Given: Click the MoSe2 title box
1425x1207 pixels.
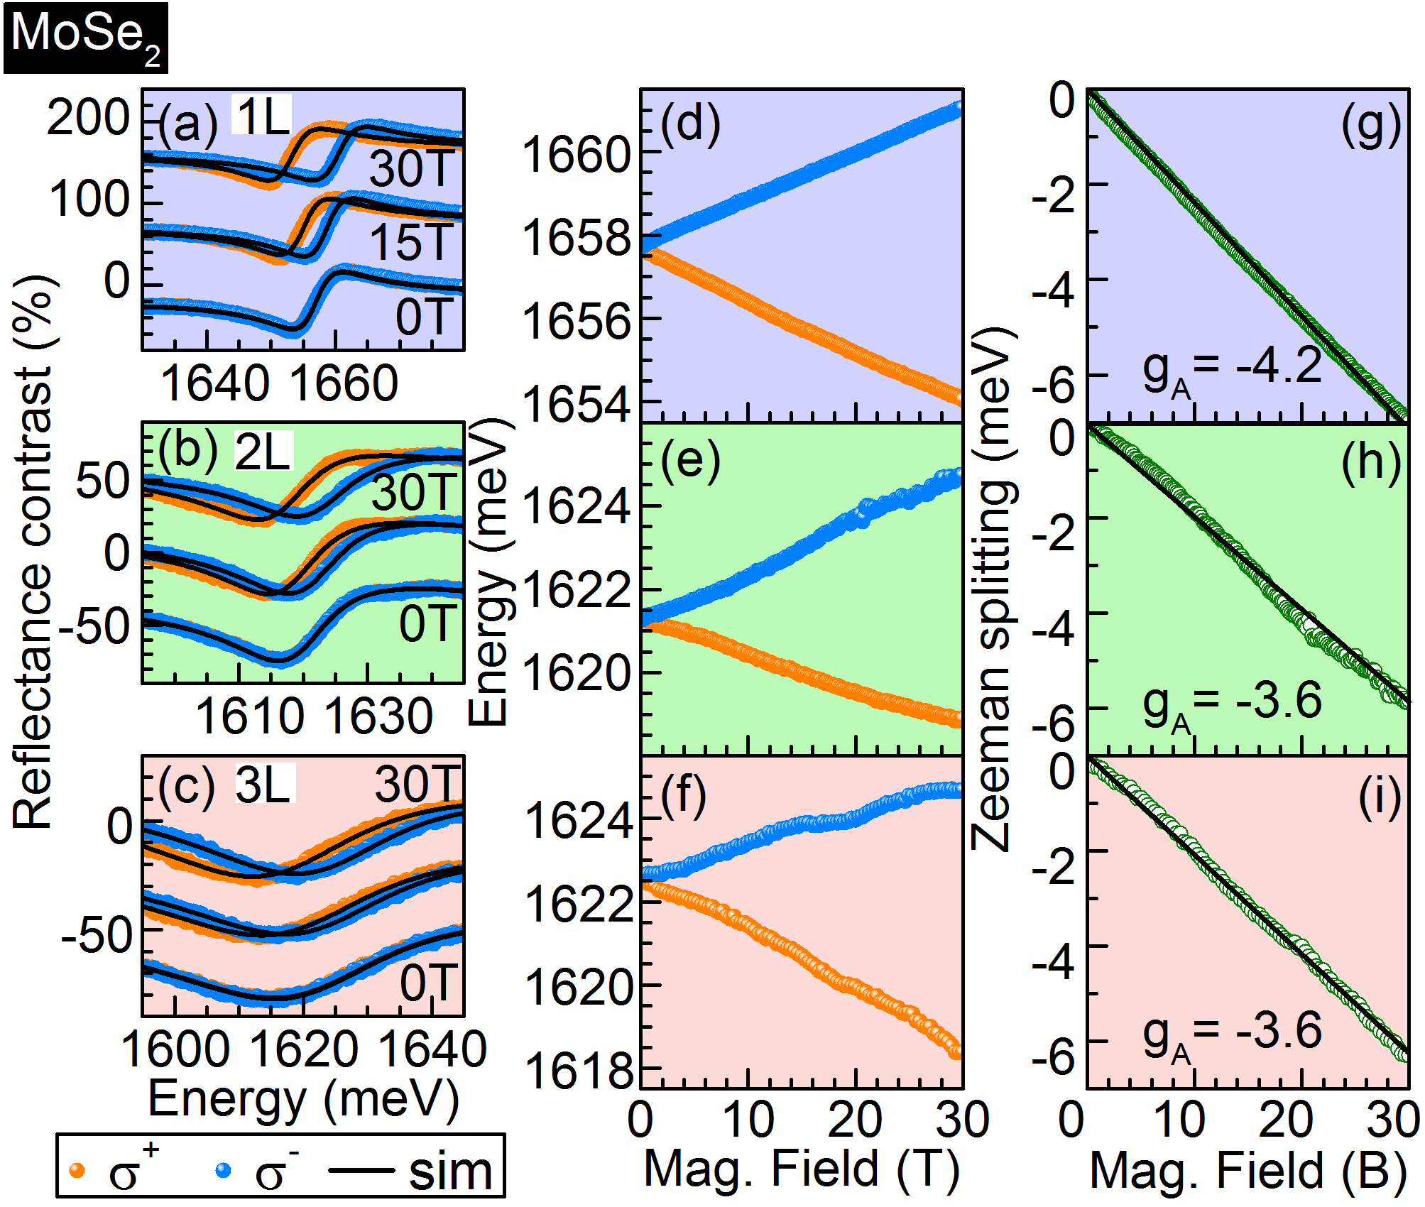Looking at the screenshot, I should (x=85, y=37).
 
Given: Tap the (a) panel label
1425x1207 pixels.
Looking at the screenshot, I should (x=187, y=126).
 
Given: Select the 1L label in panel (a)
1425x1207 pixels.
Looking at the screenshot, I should (x=262, y=116).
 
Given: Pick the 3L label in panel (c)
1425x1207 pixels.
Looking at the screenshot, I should (x=264, y=785).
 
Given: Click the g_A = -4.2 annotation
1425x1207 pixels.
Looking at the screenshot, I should (x=1232, y=369).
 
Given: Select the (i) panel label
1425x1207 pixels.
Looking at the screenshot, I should (x=1379, y=797).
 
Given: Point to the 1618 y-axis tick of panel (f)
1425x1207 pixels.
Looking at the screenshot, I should (x=579, y=1071).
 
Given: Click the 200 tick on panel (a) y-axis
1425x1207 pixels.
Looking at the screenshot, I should (x=89, y=117).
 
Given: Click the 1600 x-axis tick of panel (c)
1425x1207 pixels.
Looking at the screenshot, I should (x=175, y=1049).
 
